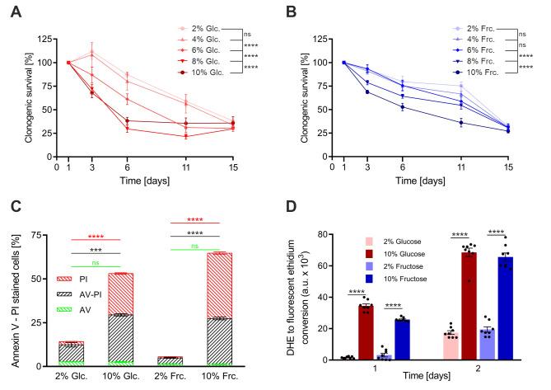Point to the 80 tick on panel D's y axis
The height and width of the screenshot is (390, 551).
tap(325, 233)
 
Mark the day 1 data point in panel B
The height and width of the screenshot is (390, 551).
tap(343, 62)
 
